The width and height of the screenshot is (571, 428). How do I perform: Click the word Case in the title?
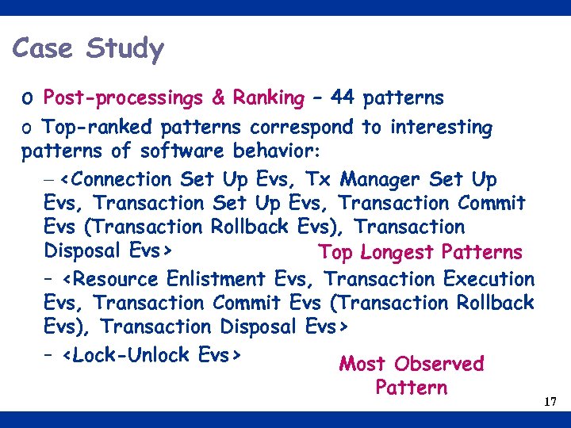click(43, 48)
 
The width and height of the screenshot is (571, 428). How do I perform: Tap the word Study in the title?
click(125, 48)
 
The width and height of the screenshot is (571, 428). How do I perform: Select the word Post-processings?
click(124, 99)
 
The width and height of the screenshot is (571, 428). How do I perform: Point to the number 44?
click(343, 98)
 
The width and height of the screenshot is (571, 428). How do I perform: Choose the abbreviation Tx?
click(315, 179)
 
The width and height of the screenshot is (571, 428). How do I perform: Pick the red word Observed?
click(439, 364)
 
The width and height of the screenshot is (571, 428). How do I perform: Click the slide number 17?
click(550, 403)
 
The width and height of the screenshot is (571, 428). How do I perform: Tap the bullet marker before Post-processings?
click(28, 100)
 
